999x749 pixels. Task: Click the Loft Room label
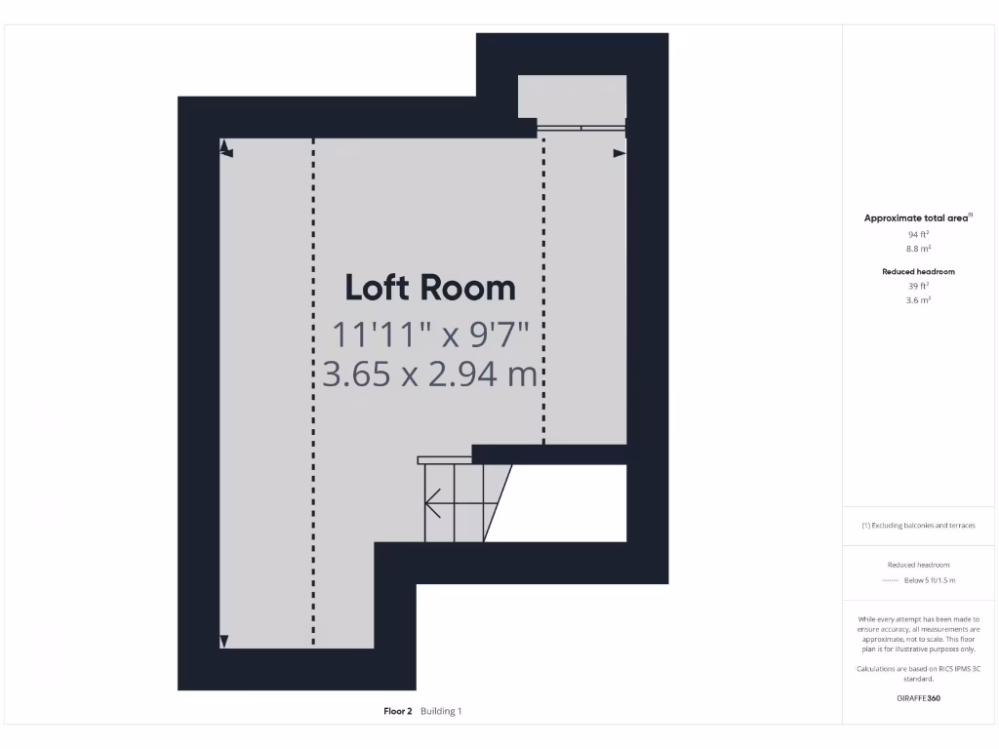[x=430, y=288]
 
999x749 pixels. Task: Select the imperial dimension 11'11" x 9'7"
[x=430, y=335]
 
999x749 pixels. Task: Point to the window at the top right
[x=581, y=127]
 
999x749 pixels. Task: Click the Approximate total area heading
[x=918, y=218]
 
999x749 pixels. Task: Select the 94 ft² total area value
[x=918, y=235]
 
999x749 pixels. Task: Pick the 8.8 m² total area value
[x=918, y=249]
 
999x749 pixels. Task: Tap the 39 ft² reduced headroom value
[x=918, y=287]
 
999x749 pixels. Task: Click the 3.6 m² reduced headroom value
[x=918, y=300]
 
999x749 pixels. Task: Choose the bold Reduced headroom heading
[x=918, y=272]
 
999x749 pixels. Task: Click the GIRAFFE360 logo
[x=918, y=698]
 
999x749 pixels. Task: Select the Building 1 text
[x=441, y=712]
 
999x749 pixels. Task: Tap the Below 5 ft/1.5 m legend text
[x=930, y=580]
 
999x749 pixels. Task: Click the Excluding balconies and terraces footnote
[x=918, y=526]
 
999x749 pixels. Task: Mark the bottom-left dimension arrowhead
[x=223, y=641]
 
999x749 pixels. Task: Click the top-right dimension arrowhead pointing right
[x=619, y=153]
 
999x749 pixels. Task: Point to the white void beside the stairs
[x=566, y=502]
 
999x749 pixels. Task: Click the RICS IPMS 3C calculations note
[x=918, y=673]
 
